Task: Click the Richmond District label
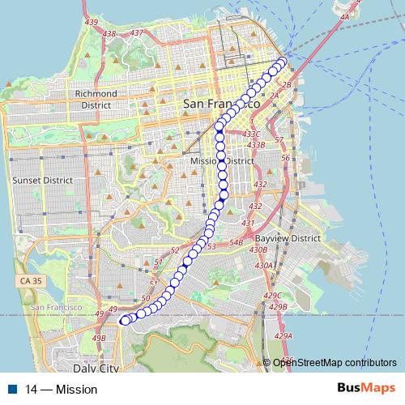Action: pyautogui.click(x=96, y=99)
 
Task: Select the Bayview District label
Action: pyautogui.click(x=288, y=239)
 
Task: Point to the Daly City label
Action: pyautogui.click(x=100, y=368)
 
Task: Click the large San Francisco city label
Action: pyautogui.click(x=221, y=104)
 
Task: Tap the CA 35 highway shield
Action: pyautogui.click(x=26, y=279)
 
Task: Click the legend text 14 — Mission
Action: pyautogui.click(x=61, y=390)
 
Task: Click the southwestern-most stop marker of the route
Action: pyautogui.click(x=124, y=322)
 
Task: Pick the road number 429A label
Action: pyautogui.click(x=282, y=335)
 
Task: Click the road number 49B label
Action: pyautogui.click(x=99, y=338)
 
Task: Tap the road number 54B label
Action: pyautogui.click(x=237, y=241)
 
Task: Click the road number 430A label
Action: pyautogui.click(x=262, y=265)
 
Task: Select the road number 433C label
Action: pyautogui.click(x=252, y=134)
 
